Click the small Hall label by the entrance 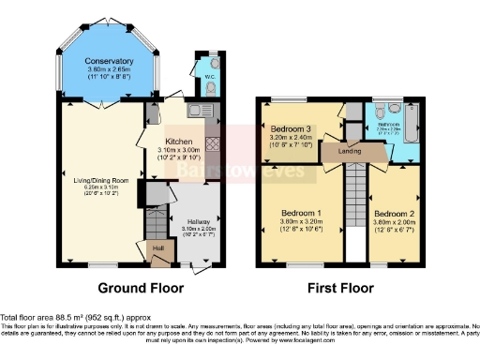158,247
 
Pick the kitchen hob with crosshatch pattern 211,146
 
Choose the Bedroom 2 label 391,213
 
